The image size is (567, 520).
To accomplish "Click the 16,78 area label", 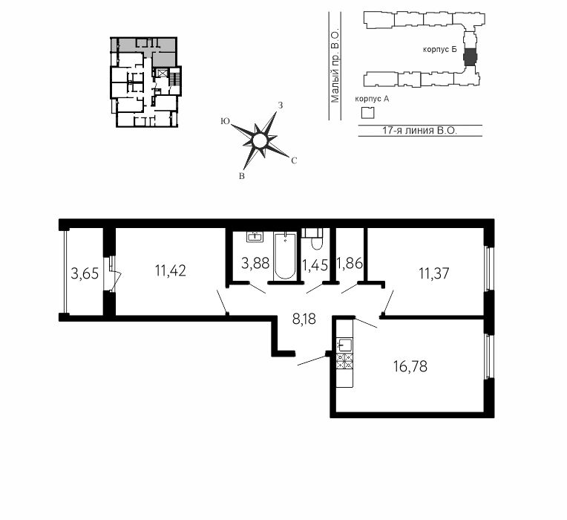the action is (x=410, y=366).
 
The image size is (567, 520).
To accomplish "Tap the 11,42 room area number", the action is (x=170, y=270).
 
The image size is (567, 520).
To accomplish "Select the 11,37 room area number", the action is (x=434, y=273).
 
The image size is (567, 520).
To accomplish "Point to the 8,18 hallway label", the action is (x=304, y=319).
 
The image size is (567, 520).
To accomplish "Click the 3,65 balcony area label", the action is (x=85, y=273).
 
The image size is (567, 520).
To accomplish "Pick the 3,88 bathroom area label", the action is (x=255, y=263).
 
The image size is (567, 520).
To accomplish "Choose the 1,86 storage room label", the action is (x=350, y=263).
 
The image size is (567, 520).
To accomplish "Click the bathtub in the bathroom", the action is (x=285, y=256).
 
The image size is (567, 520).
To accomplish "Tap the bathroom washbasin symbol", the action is (x=255, y=236).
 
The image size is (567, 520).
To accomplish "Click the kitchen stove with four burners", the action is (x=344, y=361).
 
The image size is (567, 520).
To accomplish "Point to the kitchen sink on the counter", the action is (x=344, y=345).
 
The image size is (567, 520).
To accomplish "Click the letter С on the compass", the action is (x=294, y=160).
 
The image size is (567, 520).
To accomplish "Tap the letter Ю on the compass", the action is (x=226, y=122).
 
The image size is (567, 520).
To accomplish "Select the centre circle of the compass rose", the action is (x=259, y=140).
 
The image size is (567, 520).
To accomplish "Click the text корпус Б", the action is (x=439, y=50).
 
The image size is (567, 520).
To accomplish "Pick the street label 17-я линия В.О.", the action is (x=420, y=131).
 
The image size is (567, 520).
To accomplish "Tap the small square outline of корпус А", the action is (x=368, y=113).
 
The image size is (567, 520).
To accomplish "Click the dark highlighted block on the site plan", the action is (x=471, y=57).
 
